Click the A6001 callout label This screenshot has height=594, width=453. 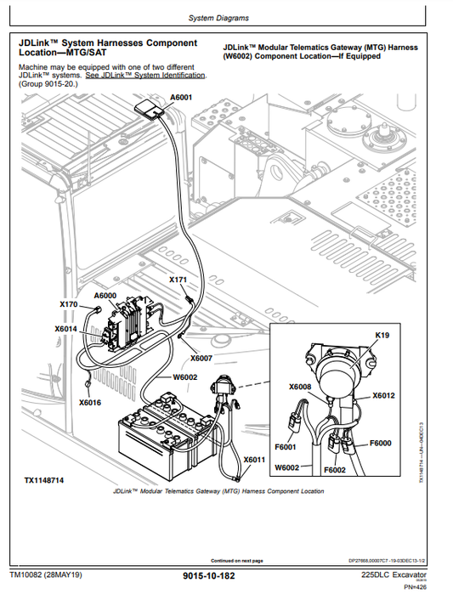point(181,98)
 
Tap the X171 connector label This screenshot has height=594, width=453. point(178,280)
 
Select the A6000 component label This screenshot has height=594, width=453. point(105,295)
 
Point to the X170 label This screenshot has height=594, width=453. point(69,304)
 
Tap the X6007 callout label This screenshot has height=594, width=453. point(201,358)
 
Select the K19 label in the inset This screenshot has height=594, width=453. point(382,337)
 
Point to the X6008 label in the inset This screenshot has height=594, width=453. point(300,387)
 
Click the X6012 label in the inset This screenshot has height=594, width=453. point(384,395)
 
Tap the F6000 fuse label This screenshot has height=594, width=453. point(381,444)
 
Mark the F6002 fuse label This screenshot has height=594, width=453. point(335,469)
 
